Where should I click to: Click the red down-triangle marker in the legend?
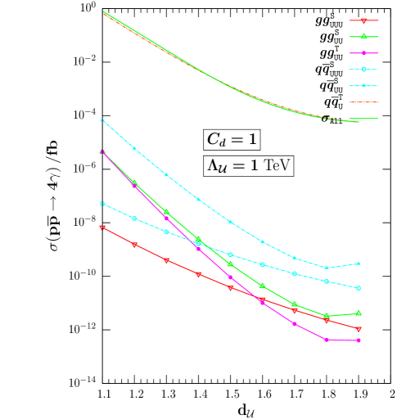(363, 20)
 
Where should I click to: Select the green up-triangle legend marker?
(363, 36)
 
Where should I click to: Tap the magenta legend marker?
(363, 52)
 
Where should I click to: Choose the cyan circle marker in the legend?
(363, 69)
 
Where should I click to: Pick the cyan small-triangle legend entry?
(363, 85)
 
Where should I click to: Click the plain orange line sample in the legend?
(363, 102)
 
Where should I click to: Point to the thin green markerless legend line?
(363, 118)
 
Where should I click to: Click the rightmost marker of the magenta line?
(359, 340)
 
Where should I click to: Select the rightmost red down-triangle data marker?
(359, 329)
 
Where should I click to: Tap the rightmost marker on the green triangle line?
(359, 313)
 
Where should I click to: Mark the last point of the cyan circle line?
(359, 288)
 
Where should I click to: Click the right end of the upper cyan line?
(359, 264)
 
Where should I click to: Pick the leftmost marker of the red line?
(102, 228)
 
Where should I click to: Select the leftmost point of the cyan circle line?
(102, 203)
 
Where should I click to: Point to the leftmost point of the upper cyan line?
(102, 120)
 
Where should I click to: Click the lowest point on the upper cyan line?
(327, 268)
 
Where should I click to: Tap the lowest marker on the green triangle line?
(327, 316)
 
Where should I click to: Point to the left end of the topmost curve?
(103, 12)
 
